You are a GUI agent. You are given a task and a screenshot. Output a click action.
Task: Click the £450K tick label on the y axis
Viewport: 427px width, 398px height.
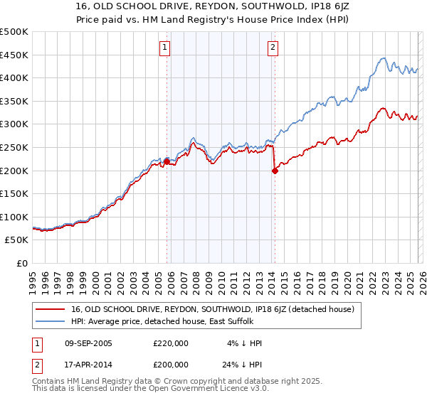(x=14, y=55)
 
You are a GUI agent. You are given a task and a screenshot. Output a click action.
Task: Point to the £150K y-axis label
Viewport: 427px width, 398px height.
(x=14, y=194)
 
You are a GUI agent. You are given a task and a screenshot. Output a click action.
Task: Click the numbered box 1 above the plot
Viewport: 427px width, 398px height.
(x=165, y=48)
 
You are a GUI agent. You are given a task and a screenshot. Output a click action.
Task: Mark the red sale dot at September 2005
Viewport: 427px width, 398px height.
(x=167, y=161)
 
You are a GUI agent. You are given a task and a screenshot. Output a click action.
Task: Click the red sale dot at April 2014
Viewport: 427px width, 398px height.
(x=275, y=171)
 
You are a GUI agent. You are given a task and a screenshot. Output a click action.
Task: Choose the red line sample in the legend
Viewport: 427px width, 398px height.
(x=51, y=309)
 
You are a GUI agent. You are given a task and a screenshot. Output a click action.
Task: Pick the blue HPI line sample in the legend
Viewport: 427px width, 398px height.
(x=51, y=322)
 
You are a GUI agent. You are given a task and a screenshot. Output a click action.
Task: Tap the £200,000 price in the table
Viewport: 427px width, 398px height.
(x=171, y=364)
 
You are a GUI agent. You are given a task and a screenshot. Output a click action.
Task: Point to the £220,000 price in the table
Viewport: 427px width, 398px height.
(x=171, y=343)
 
